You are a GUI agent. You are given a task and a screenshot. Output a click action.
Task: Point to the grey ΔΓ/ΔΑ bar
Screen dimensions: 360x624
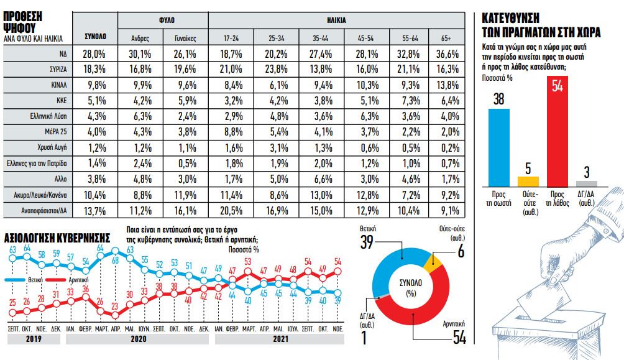click(587, 183)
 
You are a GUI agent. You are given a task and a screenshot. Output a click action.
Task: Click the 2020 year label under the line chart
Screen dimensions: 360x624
click(139, 341)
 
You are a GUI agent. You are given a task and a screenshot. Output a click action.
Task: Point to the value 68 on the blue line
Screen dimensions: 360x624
click(114, 260)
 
